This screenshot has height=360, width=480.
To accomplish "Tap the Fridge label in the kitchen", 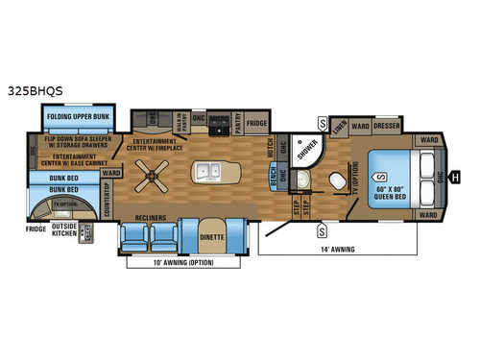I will click(x=255, y=123).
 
